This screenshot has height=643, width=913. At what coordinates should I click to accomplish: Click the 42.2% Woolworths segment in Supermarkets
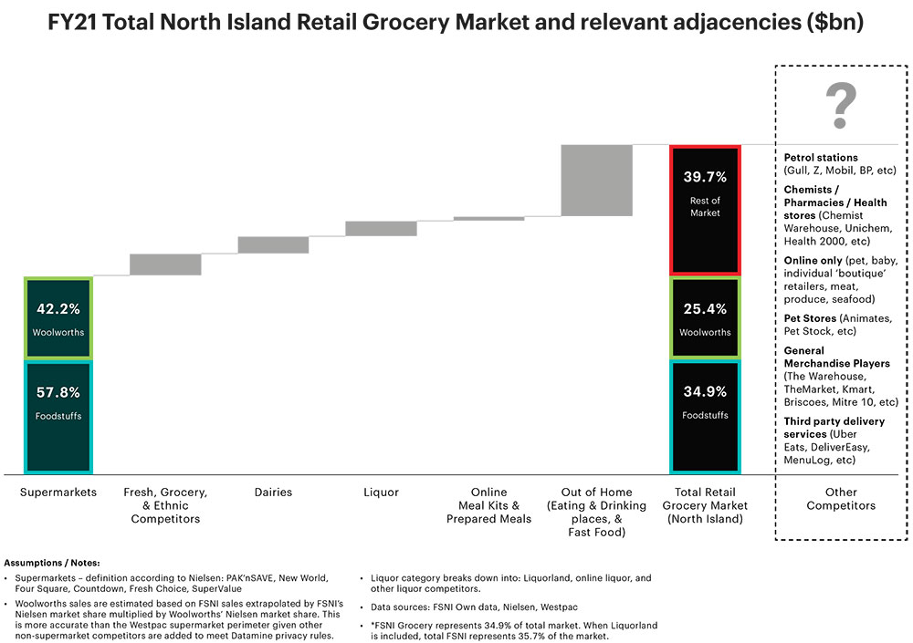click(59, 317)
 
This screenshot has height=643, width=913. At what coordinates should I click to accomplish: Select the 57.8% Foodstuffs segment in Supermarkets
click(59, 418)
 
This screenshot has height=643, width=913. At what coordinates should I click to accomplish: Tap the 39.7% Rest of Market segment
click(704, 209)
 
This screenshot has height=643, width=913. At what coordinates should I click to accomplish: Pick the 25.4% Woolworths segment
click(704, 317)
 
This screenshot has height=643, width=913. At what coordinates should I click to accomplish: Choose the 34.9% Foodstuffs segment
click(704, 416)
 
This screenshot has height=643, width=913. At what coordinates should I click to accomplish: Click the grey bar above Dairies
click(273, 245)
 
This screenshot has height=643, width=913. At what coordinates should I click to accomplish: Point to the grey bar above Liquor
click(381, 229)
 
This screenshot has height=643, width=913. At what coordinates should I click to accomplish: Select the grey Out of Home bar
click(596, 181)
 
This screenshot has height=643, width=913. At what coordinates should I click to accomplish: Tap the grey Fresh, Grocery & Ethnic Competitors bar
click(165, 264)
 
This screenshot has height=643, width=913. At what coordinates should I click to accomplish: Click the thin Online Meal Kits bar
click(488, 218)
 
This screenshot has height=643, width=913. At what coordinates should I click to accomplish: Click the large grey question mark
click(841, 106)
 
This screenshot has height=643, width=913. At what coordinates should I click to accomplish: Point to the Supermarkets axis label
click(58, 493)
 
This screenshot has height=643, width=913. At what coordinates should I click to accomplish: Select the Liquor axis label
click(381, 493)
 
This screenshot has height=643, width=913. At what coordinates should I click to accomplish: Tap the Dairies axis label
click(273, 493)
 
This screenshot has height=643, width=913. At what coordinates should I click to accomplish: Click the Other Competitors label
click(841, 499)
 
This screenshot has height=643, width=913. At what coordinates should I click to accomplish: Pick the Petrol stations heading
click(821, 158)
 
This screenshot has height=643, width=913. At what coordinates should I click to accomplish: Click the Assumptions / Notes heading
click(53, 563)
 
